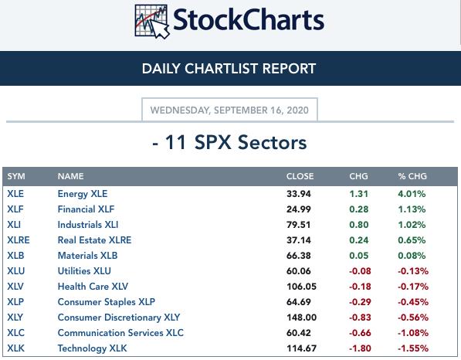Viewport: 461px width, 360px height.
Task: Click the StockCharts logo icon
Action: [x=151, y=22]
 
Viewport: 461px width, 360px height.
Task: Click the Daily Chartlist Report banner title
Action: [x=229, y=69]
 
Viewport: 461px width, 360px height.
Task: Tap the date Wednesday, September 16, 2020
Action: [x=229, y=110]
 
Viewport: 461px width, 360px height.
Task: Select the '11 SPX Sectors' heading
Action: [x=229, y=142]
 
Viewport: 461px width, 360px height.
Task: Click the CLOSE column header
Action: [x=300, y=176]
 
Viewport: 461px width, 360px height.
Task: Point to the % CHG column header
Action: [x=412, y=176]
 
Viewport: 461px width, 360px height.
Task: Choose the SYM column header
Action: [x=16, y=176]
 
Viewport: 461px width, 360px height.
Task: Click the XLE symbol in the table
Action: [x=15, y=194]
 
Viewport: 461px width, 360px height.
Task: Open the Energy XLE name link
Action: [x=83, y=194]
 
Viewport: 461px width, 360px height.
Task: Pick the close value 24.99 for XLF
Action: [x=299, y=209]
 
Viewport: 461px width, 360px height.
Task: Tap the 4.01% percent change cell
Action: [x=412, y=194]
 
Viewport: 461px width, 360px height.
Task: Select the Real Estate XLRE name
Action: [x=94, y=240]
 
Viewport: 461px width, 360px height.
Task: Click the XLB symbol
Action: [x=15, y=255]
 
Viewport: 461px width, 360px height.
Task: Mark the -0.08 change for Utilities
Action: [x=360, y=271]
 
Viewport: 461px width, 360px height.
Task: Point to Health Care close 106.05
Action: [x=302, y=287]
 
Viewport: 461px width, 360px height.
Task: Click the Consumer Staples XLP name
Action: [x=106, y=302]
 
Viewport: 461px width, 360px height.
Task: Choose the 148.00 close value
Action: [x=302, y=318]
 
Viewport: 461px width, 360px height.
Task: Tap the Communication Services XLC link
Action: [x=120, y=333]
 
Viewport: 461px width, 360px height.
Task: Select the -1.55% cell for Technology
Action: [x=413, y=348]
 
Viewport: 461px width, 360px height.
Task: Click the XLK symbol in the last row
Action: [x=16, y=348]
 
